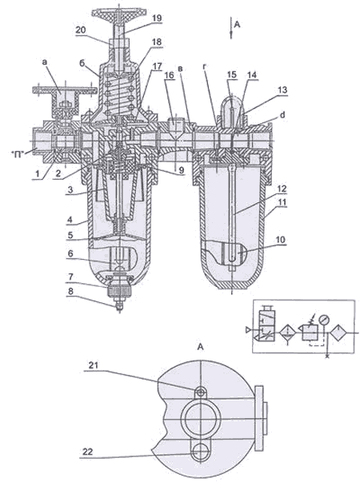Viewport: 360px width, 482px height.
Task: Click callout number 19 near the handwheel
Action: click(x=157, y=18)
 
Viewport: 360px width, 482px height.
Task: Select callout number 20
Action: click(x=81, y=30)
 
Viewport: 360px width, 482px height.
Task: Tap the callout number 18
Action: click(x=157, y=42)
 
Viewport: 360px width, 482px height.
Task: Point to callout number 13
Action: click(x=282, y=90)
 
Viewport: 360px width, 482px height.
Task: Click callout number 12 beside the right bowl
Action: click(x=282, y=189)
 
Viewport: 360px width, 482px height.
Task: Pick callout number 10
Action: click(x=280, y=239)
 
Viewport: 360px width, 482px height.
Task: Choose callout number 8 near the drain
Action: click(x=70, y=291)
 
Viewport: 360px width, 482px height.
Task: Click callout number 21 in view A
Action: click(x=94, y=365)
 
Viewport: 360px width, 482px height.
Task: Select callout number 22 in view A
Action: click(x=87, y=452)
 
